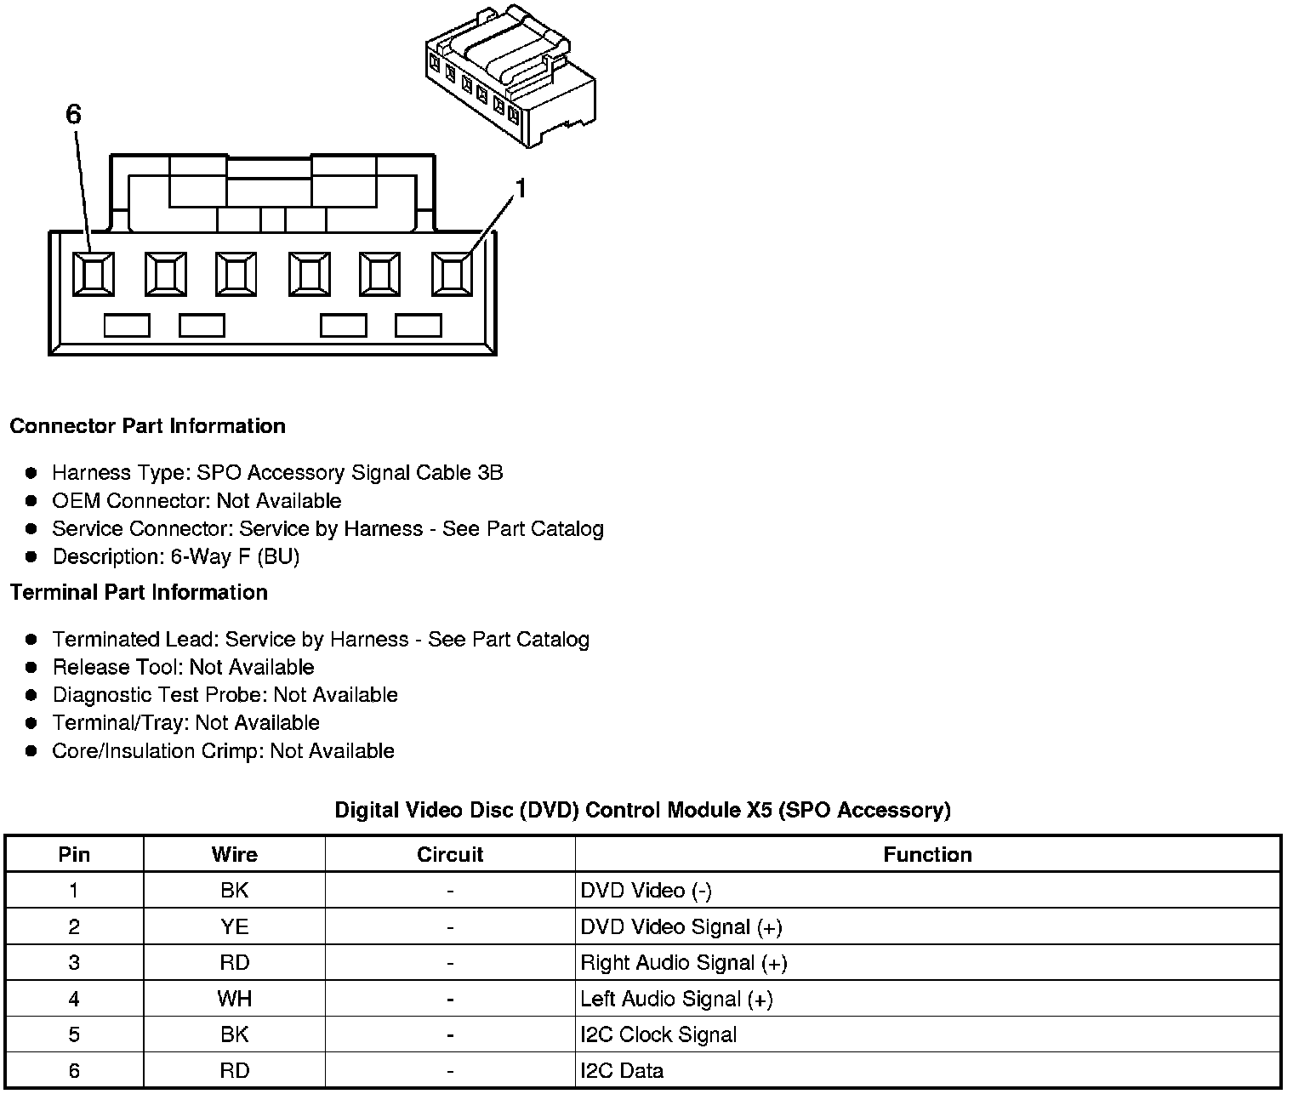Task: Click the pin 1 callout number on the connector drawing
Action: coord(521,189)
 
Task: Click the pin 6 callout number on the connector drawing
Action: coord(74,115)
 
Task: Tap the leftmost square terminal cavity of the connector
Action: coord(93,274)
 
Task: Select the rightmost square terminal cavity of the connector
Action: coord(452,274)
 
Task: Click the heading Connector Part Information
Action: coord(147,426)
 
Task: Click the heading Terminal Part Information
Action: coord(139,593)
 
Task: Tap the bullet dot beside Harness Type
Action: coord(31,473)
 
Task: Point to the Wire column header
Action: coord(234,855)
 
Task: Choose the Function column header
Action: coord(927,855)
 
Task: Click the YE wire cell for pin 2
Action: coord(234,927)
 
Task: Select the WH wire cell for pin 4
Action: coord(234,1000)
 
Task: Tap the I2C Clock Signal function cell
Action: coord(658,1035)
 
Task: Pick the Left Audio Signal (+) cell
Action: coord(676,1000)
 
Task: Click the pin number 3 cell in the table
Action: coord(74,963)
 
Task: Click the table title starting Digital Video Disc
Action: coord(642,811)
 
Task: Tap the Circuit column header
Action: coord(450,855)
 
